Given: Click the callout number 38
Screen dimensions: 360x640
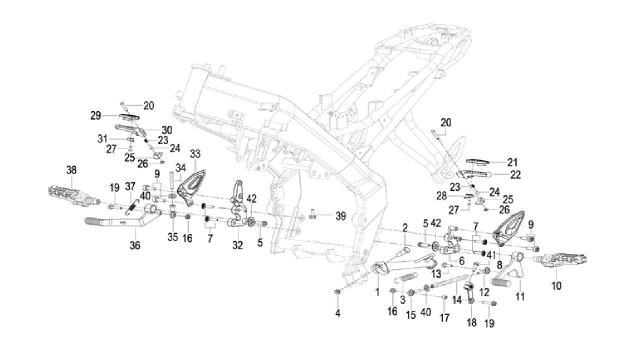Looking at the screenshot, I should coord(71,170).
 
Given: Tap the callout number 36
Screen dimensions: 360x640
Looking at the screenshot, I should coord(135,245).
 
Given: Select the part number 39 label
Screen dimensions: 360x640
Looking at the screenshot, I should coord(340,216).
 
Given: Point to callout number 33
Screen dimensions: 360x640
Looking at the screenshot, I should coord(195,153).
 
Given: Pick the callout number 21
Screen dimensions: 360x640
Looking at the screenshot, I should coord(512,162).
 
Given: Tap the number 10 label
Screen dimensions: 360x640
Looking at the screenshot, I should coord(556,286).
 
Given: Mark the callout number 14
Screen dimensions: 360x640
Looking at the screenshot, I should coord(457,300).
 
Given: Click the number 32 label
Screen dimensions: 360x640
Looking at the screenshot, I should coord(237,245).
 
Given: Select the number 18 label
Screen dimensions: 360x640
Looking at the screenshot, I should coord(472,323).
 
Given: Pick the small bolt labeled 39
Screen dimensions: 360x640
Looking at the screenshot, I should coord(313,215).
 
